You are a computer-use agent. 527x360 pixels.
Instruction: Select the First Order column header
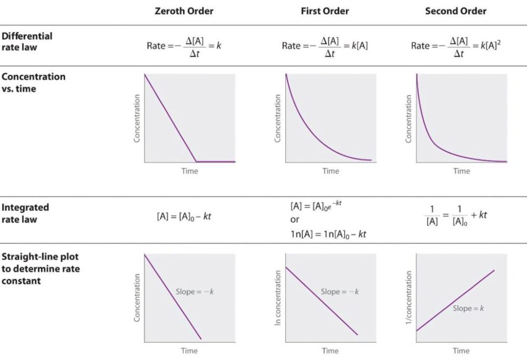[325, 11]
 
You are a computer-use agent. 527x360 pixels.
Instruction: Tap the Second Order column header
[456, 11]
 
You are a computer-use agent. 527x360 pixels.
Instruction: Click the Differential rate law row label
[27, 41]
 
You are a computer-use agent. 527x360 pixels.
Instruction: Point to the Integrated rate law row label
[25, 213]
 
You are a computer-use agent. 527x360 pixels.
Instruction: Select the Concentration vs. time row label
[33, 82]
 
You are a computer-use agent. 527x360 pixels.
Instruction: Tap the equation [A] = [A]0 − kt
[184, 217]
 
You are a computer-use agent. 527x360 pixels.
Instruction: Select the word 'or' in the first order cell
[294, 219]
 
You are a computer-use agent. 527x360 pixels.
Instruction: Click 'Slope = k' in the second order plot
[468, 308]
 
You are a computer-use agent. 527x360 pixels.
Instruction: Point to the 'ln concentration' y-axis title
[278, 297]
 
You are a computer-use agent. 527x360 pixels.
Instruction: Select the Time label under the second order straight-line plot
[461, 351]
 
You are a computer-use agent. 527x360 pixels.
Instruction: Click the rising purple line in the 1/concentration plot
[456, 300]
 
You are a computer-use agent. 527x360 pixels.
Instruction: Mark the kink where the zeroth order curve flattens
[197, 162]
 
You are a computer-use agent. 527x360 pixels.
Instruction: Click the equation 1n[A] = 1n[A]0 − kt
[328, 233]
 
